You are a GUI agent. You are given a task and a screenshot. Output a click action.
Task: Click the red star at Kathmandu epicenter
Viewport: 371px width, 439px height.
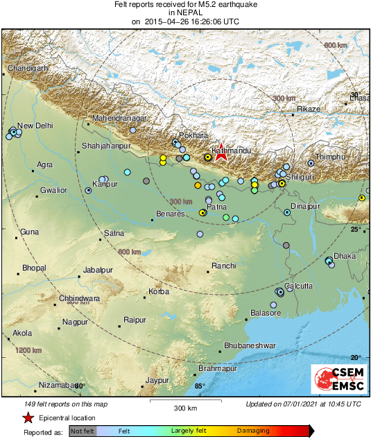[x=221, y=153]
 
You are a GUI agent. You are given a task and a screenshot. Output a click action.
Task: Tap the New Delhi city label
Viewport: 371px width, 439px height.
[x=35, y=126]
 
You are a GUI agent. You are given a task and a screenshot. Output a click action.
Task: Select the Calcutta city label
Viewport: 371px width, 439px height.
[x=297, y=286]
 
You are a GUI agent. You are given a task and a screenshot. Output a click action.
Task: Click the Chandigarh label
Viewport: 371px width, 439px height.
[x=28, y=68]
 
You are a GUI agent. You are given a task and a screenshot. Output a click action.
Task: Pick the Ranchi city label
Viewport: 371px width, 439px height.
[x=224, y=266]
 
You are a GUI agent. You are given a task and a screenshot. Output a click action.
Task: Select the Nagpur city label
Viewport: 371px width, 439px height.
[x=74, y=322]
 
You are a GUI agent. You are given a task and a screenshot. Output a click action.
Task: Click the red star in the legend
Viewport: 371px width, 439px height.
[x=28, y=418]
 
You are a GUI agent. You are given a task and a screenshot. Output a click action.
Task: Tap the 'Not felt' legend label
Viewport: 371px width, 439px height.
[x=83, y=431]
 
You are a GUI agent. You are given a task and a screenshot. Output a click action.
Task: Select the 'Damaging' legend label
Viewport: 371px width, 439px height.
[x=254, y=431]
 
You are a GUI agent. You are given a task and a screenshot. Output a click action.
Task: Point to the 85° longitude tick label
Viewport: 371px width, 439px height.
[x=200, y=386]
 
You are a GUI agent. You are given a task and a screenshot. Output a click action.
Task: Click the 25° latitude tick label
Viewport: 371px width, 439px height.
[x=356, y=229]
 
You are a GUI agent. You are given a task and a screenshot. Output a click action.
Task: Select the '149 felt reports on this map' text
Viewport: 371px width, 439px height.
[x=57, y=404]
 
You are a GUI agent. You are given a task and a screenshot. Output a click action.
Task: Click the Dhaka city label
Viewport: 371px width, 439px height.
[x=345, y=255]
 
